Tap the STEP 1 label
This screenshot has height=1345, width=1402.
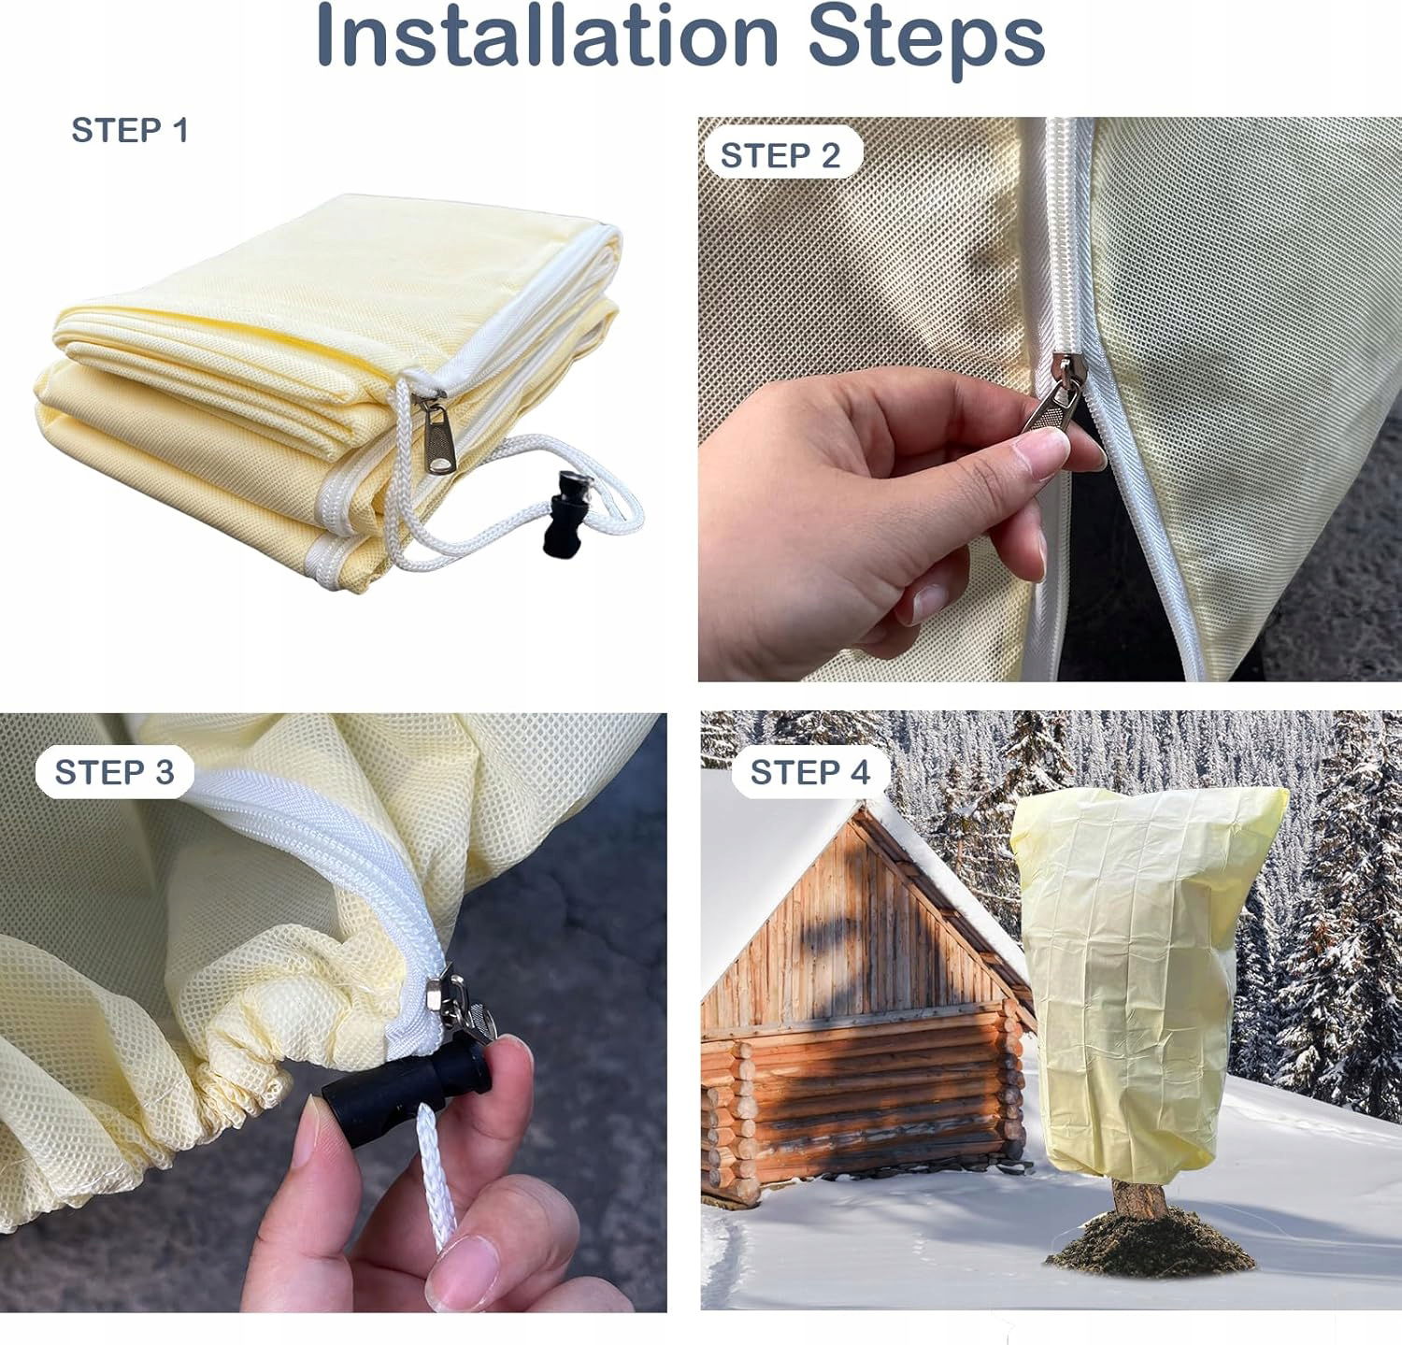click(130, 131)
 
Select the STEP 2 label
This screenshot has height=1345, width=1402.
click(780, 155)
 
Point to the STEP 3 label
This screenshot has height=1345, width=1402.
click(114, 773)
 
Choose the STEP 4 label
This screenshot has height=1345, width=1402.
click(809, 773)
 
